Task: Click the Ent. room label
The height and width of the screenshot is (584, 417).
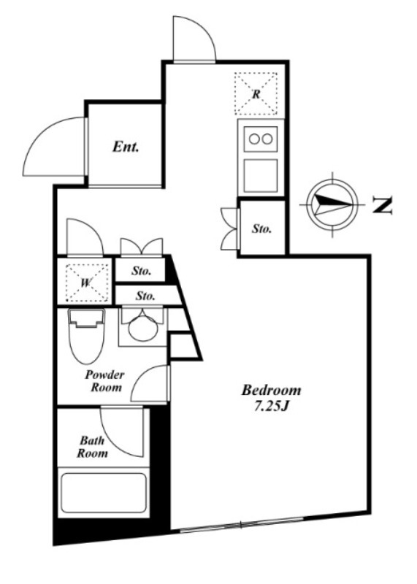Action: pyautogui.click(x=126, y=147)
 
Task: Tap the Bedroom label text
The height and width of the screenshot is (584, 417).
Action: pyautogui.click(x=271, y=390)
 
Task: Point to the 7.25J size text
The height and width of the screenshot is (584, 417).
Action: pyautogui.click(x=271, y=407)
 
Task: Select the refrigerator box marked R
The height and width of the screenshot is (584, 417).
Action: pyautogui.click(x=256, y=93)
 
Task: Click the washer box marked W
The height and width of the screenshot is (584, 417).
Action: pyautogui.click(x=87, y=283)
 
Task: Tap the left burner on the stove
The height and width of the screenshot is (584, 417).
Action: pyautogui.click(x=254, y=139)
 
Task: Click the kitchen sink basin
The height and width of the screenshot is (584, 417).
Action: pyautogui.click(x=261, y=176)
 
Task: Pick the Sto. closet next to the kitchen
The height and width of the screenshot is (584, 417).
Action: pyautogui.click(x=262, y=228)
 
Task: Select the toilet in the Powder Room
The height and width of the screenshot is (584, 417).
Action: pyautogui.click(x=86, y=336)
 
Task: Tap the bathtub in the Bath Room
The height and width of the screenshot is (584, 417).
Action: pyautogui.click(x=103, y=493)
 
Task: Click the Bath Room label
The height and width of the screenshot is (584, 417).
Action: pyautogui.click(x=92, y=447)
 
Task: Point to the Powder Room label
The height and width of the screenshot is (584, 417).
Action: pyautogui.click(x=104, y=381)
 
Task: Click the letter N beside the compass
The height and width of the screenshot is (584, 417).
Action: pyautogui.click(x=383, y=205)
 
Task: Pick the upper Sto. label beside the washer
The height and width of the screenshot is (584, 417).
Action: pyautogui.click(x=141, y=271)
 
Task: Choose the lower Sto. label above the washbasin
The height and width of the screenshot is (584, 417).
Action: pyautogui.click(x=145, y=296)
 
